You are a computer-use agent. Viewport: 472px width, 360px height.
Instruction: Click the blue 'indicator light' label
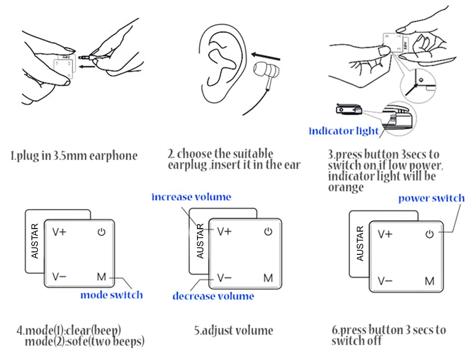[344, 131]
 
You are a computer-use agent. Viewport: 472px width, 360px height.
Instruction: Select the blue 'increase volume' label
[191, 197]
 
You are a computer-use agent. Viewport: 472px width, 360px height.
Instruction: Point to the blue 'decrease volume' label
[213, 296]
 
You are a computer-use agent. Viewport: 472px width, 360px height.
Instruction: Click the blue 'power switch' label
[431, 198]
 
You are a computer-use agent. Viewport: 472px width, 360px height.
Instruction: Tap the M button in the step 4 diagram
[102, 276]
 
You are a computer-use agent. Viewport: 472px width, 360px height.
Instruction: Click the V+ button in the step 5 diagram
[225, 232]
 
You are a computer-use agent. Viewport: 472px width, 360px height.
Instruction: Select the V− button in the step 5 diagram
[225, 278]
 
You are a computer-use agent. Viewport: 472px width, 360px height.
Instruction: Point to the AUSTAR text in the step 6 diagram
[360, 242]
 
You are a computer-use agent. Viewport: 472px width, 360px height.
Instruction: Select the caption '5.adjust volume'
[233, 330]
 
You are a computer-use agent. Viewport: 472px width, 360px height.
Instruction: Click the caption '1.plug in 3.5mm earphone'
[74, 155]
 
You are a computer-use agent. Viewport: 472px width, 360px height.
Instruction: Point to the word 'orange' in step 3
[346, 188]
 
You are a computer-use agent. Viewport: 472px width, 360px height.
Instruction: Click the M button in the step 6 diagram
[430, 281]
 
